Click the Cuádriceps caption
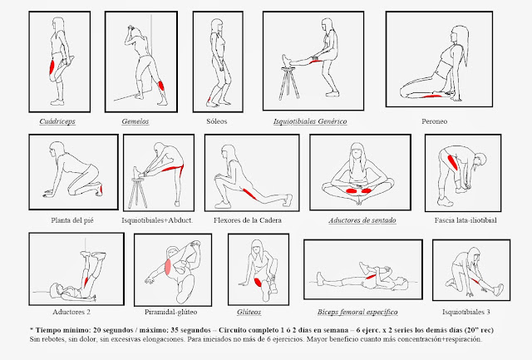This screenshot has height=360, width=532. pyautogui.click(x=57, y=121)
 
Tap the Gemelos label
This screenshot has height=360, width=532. pyautogui.click(x=135, y=121)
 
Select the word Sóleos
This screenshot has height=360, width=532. pyautogui.click(x=216, y=121)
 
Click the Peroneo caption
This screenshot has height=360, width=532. pyautogui.click(x=434, y=121)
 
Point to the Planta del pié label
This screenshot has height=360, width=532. pyautogui.click(x=72, y=220)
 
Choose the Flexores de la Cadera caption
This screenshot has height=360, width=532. pyautogui.click(x=248, y=220)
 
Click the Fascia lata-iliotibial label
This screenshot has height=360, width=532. pyautogui.click(x=465, y=220)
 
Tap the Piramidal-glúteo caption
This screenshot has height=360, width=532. pyautogui.click(x=170, y=312)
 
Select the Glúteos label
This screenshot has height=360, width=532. pyautogui.click(x=249, y=312)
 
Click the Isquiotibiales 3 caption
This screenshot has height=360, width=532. pyautogui.click(x=466, y=312)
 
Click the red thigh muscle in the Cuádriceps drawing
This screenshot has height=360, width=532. pyautogui.click(x=52, y=67)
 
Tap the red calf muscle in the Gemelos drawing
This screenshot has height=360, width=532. pyautogui.click(x=161, y=85)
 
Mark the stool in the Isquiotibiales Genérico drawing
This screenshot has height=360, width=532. pyautogui.click(x=289, y=83)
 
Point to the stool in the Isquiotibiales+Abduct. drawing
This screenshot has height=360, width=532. pyautogui.click(x=138, y=193)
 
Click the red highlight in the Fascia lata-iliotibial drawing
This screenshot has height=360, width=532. pyautogui.click(x=452, y=162)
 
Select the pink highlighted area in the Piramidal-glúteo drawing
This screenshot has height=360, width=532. pyautogui.click(x=168, y=266)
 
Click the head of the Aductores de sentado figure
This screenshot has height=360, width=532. pyautogui.click(x=357, y=150)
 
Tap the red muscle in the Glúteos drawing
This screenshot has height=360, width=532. pyautogui.click(x=258, y=282)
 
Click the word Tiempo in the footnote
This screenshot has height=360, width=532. pyautogui.click(x=47, y=330)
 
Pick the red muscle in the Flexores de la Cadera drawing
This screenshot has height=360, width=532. pyautogui.click(x=249, y=194)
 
